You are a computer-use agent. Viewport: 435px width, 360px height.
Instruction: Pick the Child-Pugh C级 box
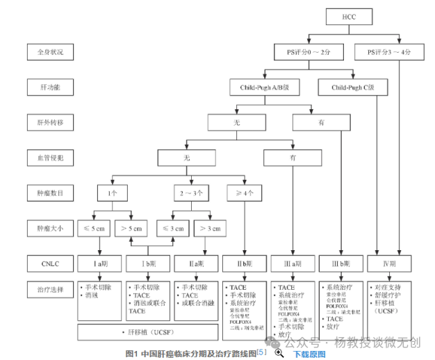click(x=352, y=88)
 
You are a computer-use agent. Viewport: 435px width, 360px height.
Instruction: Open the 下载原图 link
click(x=309, y=354)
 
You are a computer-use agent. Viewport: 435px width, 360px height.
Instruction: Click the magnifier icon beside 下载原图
click(x=279, y=353)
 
